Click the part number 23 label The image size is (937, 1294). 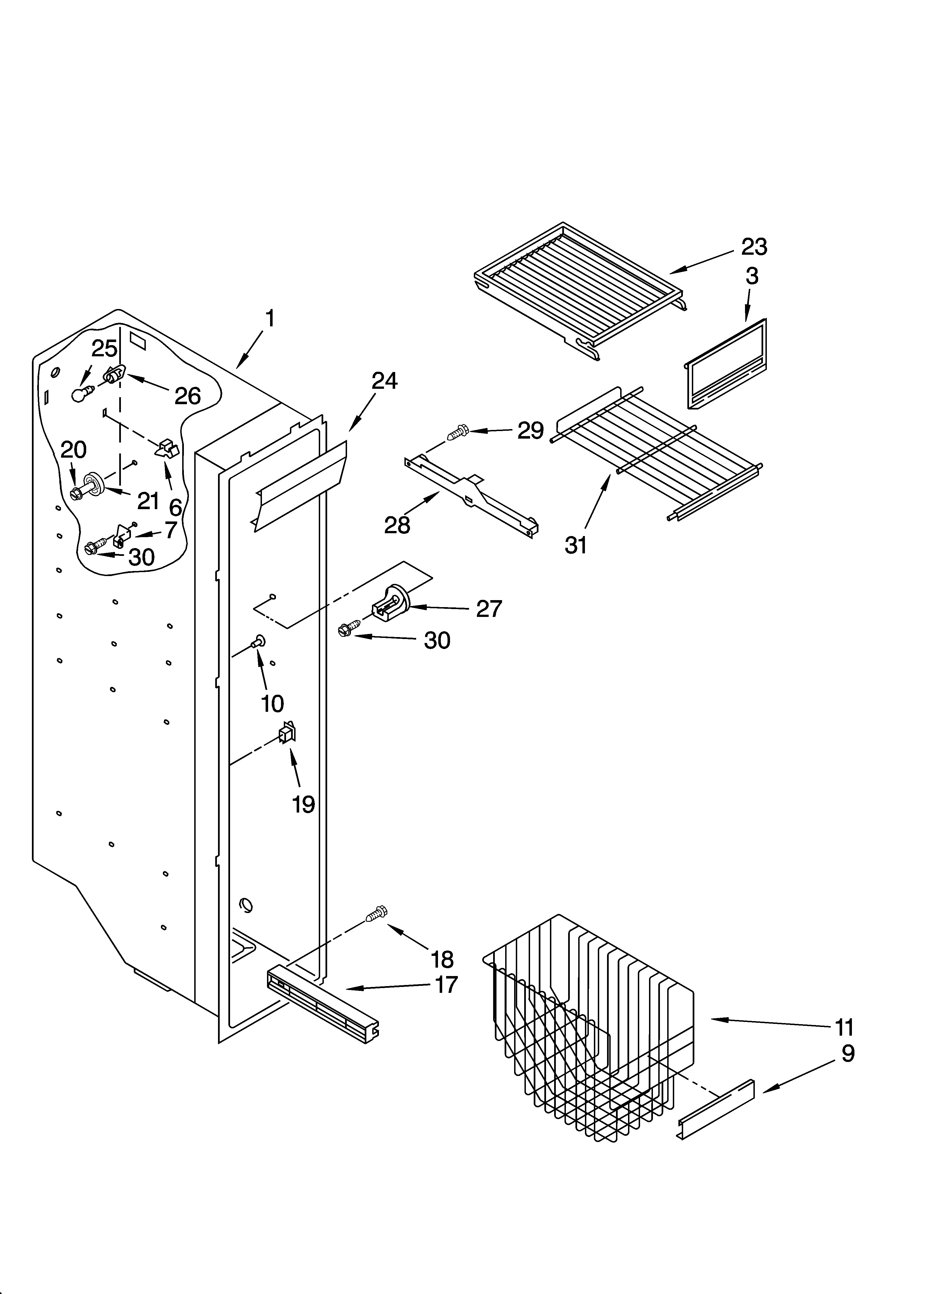(754, 247)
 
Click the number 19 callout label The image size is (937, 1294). (303, 804)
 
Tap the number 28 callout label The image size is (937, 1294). (397, 525)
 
